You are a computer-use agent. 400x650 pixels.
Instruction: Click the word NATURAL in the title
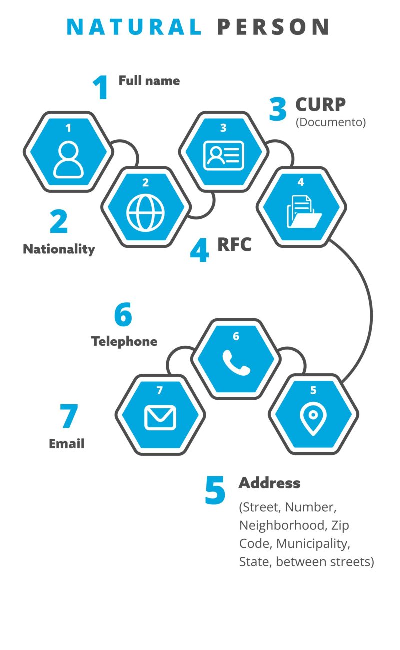[x=134, y=27]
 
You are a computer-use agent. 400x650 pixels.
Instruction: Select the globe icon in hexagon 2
[x=145, y=212]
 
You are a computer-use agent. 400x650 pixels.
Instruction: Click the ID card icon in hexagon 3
[x=223, y=155]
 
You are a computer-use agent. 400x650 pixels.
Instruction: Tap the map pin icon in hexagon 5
[x=313, y=419]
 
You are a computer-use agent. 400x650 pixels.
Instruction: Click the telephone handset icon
[x=236, y=363]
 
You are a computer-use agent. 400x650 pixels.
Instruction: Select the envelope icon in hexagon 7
[x=160, y=417]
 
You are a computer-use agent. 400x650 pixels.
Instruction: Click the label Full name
[x=149, y=80]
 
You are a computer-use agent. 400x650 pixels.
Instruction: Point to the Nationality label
[x=59, y=249]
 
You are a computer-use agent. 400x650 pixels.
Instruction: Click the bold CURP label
[x=320, y=105]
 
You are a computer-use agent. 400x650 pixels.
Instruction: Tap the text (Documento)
[x=331, y=122]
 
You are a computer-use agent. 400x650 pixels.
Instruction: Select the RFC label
[x=234, y=245]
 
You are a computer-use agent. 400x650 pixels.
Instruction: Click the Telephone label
[x=124, y=341]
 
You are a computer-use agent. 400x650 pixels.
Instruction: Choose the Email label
[x=66, y=443]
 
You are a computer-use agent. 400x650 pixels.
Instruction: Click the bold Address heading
[x=269, y=483]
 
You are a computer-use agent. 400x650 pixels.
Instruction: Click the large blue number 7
[x=68, y=416]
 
